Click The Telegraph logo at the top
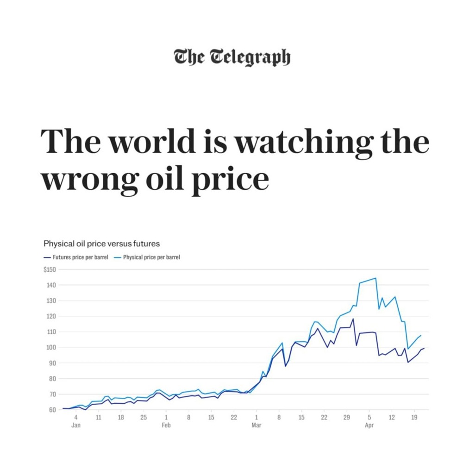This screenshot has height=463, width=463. coord(232,57)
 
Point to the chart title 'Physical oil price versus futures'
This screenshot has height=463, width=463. coord(101,243)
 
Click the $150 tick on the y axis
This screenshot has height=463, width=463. coord(50,269)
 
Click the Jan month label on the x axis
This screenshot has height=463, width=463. coord(76,425)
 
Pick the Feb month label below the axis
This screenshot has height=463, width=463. coord(166,425)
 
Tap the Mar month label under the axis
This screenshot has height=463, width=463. coord(256,425)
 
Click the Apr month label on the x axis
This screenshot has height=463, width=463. coord(369,425)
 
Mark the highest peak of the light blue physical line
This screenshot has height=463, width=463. coord(375,278)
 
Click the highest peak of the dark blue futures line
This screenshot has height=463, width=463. coord(353,319)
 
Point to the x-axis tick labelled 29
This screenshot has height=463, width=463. coord(346,418)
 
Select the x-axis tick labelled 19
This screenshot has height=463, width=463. coord(414,418)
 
